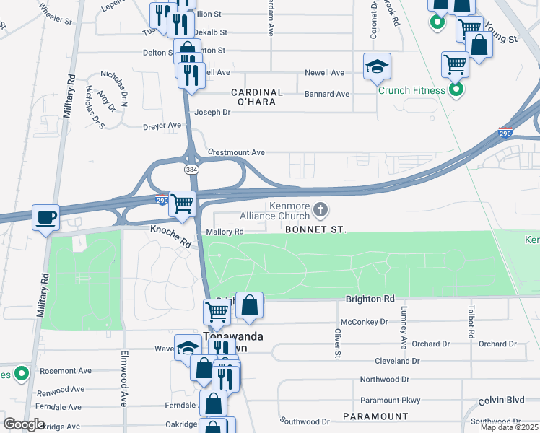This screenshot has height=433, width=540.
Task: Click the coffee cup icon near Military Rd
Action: click(46, 217)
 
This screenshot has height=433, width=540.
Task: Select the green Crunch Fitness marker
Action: click(456, 90)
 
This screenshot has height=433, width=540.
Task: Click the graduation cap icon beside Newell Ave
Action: click(376, 67)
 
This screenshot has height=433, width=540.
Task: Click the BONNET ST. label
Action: click(316, 229)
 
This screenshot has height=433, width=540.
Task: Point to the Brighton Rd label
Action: click(370, 299)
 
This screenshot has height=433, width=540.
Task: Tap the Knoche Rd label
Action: click(170, 237)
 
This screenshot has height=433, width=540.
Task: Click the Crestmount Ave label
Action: click(237, 153)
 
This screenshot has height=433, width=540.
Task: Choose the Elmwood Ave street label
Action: click(125, 387)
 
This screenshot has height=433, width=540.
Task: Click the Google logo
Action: click(25, 424)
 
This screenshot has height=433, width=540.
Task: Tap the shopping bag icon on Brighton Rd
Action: click(249, 305)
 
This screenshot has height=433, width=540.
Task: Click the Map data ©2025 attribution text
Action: click(509, 427)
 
